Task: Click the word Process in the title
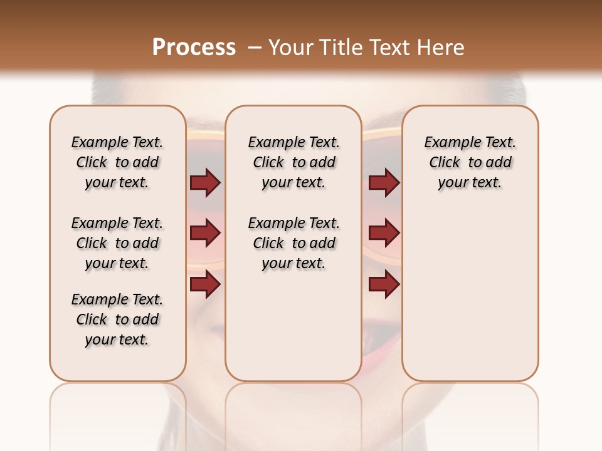point(194,48)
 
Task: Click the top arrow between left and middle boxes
point(205,182)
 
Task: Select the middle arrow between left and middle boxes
point(205,234)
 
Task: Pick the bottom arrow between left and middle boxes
point(205,284)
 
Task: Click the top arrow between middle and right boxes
point(384,182)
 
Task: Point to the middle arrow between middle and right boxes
point(384,234)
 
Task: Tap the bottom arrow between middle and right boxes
point(384,284)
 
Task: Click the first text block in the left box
point(117,162)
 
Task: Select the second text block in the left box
point(117,243)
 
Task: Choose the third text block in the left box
point(117,319)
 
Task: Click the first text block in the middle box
point(294,162)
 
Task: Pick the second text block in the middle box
point(294,243)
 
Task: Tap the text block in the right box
point(470,162)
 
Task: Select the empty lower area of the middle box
point(293,326)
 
